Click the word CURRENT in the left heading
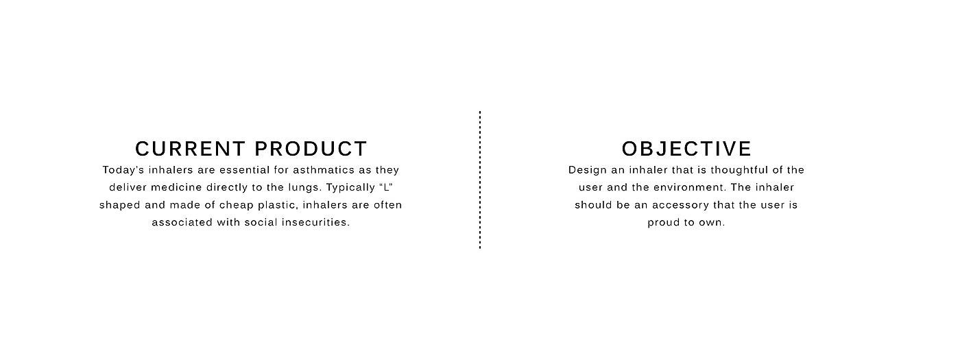click(x=191, y=149)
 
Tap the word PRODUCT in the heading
click(x=311, y=149)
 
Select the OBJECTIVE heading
click(x=686, y=149)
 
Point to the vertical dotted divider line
click(x=480, y=180)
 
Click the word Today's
click(x=123, y=170)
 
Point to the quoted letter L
click(x=386, y=187)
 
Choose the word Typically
click(x=351, y=188)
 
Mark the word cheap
click(x=237, y=205)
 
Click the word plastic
click(x=278, y=205)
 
